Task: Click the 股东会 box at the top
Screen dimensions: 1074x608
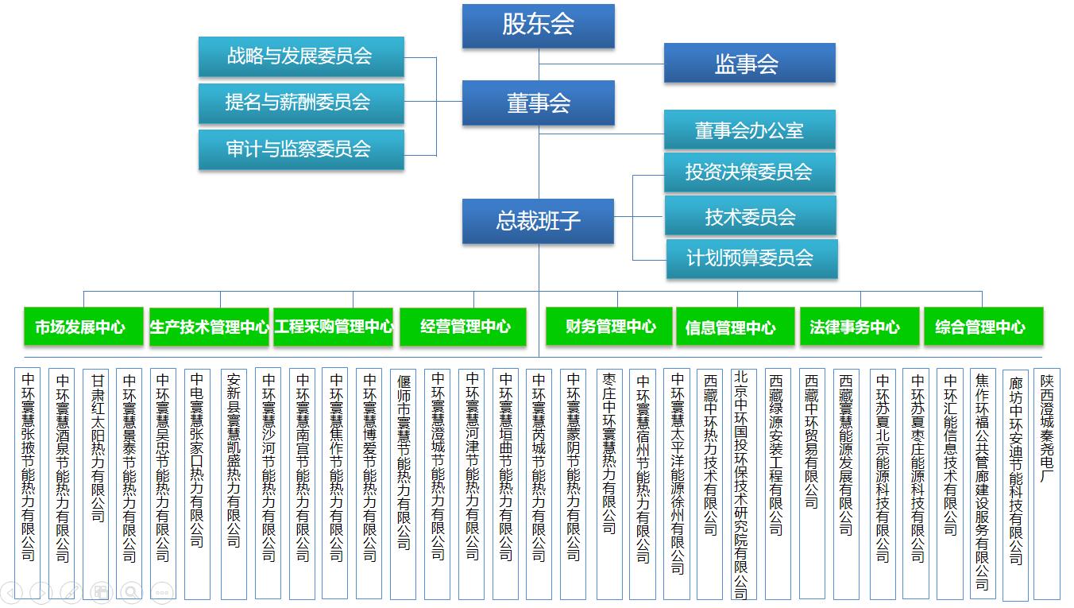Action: coord(538,26)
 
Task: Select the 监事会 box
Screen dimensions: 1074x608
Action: coord(749,63)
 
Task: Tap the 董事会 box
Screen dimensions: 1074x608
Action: coord(538,103)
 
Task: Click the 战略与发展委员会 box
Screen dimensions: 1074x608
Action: coord(301,56)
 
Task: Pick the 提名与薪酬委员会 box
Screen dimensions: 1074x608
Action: coord(301,103)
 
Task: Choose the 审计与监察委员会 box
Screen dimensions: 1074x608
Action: coord(301,149)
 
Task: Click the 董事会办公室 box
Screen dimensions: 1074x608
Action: coord(749,130)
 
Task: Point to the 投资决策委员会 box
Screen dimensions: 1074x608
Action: coord(749,172)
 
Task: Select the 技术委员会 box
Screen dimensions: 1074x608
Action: coord(751,215)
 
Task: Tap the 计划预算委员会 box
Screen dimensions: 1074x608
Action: coord(751,258)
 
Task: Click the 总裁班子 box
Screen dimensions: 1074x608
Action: coord(538,221)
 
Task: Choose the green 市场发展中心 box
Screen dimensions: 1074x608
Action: coord(83,327)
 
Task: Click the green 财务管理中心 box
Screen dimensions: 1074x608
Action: coord(609,327)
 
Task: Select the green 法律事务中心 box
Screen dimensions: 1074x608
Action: coord(860,327)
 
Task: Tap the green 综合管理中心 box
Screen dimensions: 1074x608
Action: coord(983,327)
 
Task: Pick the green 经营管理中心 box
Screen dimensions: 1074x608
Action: coord(462,327)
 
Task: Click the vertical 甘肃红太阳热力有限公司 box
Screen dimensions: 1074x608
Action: coord(95,484)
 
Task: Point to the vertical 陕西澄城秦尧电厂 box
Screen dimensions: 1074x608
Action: coord(1047,484)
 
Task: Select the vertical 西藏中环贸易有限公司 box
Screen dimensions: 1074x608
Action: coord(812,484)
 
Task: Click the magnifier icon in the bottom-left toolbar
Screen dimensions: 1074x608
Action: coord(131,592)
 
